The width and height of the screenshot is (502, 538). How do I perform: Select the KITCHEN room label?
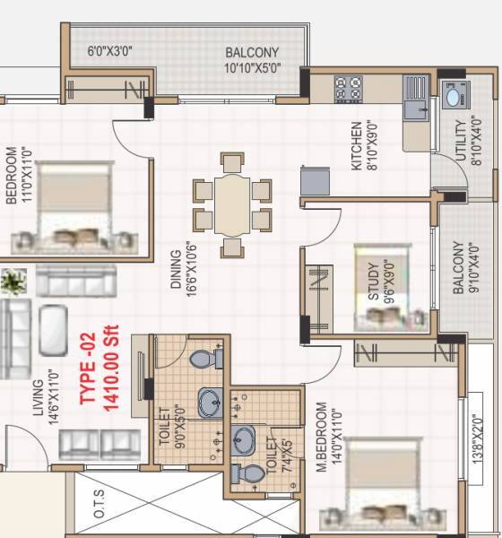pyautogui.click(x=357, y=145)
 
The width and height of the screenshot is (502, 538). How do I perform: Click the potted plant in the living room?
pyautogui.click(x=13, y=282)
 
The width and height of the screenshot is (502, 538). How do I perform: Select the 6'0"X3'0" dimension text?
pyautogui.click(x=110, y=51)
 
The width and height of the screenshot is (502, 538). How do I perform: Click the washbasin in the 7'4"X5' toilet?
pyautogui.click(x=243, y=438)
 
